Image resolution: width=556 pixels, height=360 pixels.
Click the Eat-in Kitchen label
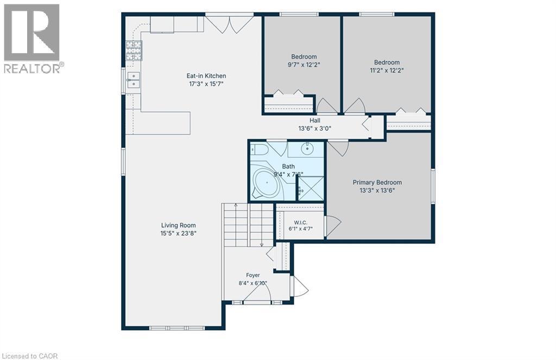click(x=206, y=76)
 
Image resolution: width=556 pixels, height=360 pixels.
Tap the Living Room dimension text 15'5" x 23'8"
click(x=178, y=233)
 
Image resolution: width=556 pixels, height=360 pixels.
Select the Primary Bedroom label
click(x=377, y=182)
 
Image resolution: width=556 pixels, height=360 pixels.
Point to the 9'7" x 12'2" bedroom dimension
click(x=304, y=65)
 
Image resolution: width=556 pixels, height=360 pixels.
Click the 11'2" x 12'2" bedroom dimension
click(x=387, y=70)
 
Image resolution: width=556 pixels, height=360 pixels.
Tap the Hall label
click(x=315, y=121)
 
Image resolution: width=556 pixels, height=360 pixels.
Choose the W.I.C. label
click(x=301, y=223)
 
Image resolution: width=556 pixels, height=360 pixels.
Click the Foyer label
click(x=253, y=275)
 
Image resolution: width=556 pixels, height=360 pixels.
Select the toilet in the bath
click(x=258, y=149)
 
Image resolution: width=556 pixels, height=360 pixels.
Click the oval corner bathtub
click(x=266, y=184)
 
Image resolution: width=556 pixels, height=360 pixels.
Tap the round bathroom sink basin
click(x=307, y=149)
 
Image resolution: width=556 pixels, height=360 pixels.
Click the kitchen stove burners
click(x=134, y=50)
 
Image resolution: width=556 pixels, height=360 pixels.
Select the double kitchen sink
click(x=134, y=79)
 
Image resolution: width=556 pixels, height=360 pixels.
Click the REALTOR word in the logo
click(x=32, y=68)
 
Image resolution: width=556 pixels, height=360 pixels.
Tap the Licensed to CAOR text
click(x=29, y=356)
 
